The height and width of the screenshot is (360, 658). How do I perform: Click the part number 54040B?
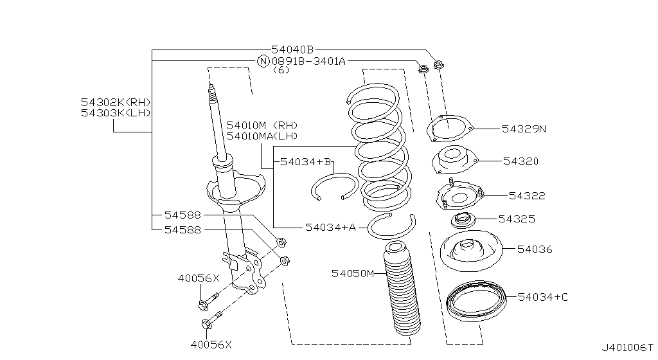[292, 50]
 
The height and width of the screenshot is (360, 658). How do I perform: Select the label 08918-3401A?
[308, 61]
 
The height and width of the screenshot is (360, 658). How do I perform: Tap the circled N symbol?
[263, 61]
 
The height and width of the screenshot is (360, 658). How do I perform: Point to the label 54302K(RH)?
[116, 102]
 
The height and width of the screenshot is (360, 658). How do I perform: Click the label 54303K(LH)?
[116, 113]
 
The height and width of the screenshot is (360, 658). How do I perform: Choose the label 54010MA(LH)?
[262, 136]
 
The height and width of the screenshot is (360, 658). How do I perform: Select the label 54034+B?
[305, 162]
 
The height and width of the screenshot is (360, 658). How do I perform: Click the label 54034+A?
[330, 227]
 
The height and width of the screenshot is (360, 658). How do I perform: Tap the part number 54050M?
[353, 274]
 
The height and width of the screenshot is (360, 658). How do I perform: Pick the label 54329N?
[524, 129]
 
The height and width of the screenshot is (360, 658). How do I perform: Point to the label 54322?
[527, 195]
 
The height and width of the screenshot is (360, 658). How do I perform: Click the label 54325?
[517, 219]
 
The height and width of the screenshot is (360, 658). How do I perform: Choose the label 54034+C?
[542, 296]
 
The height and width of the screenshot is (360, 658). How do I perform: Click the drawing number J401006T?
[627, 348]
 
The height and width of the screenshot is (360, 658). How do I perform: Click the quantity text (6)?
[281, 70]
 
